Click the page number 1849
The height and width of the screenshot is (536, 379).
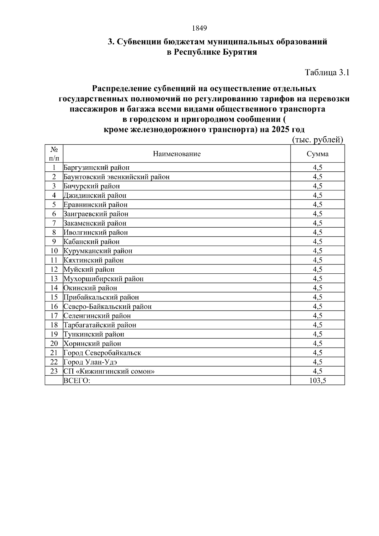pyautogui.click(x=199, y=28)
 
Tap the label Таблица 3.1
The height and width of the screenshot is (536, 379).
pyautogui.click(x=327, y=73)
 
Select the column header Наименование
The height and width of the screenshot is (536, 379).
pyautogui.click(x=177, y=154)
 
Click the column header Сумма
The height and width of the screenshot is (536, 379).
pyautogui.click(x=317, y=154)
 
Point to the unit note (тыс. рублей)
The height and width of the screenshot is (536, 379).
pyautogui.click(x=317, y=140)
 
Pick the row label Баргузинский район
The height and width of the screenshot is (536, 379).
pyautogui.click(x=97, y=168)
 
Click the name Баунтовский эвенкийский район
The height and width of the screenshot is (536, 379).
pyautogui.click(x=117, y=177)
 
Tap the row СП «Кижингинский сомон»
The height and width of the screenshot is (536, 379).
pyautogui.click(x=109, y=371)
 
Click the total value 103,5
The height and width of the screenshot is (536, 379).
pyautogui.click(x=317, y=381)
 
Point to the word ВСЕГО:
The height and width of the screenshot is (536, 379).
pyautogui.click(x=77, y=381)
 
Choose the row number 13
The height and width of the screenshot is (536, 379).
pyautogui.click(x=54, y=279)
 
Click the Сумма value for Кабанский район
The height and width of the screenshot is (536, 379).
pyautogui.click(x=317, y=242)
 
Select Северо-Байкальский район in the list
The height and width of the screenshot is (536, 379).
pyautogui.click(x=108, y=307)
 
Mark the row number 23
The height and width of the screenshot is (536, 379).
pyautogui.click(x=54, y=371)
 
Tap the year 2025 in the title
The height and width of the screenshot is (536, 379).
pyautogui.click(x=280, y=129)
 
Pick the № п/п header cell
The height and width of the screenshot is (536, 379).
pyautogui.click(x=54, y=154)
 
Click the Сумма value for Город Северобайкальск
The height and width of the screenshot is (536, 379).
pyautogui.click(x=317, y=353)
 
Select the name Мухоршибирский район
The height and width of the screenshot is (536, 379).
pyautogui.click(x=104, y=279)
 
